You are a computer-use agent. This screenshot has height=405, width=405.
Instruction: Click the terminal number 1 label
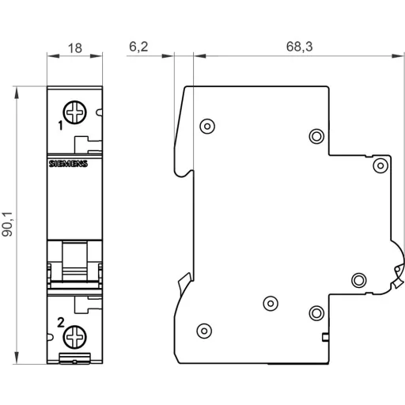[60, 125]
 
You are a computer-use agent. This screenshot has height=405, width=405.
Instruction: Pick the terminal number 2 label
[60, 321]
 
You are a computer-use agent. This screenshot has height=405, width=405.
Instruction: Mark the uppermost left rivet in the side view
[207, 124]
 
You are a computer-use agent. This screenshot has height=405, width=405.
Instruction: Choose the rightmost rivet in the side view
[380, 165]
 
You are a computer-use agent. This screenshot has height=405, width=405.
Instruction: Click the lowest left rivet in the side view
[204, 330]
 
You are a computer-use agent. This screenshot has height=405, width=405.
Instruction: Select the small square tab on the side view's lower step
[327, 337]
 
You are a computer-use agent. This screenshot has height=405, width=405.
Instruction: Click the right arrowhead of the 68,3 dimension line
[393, 56]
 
